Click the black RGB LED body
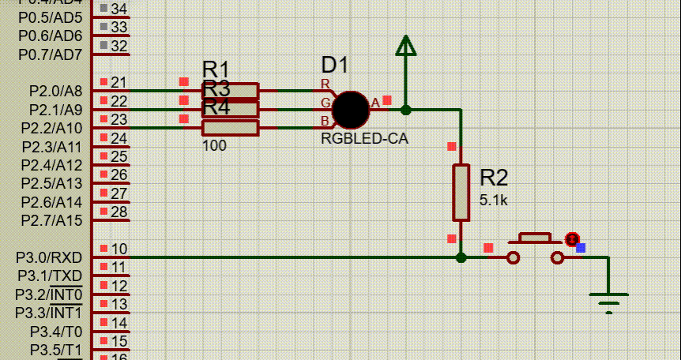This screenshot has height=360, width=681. pyautogui.click(x=351, y=110)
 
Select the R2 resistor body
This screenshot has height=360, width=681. pyautogui.click(x=461, y=193)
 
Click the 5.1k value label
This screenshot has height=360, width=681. pyautogui.click(x=494, y=201)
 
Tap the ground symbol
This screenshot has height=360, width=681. pyautogui.click(x=608, y=301)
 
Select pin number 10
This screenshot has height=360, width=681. pyautogui.click(x=119, y=249)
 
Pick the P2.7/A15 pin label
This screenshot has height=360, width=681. pyautogui.click(x=52, y=219)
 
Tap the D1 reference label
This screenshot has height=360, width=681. pyautogui.click(x=334, y=66)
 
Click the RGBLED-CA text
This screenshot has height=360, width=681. pyautogui.click(x=364, y=139)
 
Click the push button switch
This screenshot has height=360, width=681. pyautogui.click(x=536, y=248)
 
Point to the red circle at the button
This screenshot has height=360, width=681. pyautogui.click(x=572, y=238)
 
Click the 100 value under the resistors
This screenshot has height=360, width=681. pyautogui.click(x=214, y=146)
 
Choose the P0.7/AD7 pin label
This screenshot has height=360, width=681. pyautogui.click(x=51, y=54)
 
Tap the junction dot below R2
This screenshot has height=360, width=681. pyautogui.click(x=461, y=257)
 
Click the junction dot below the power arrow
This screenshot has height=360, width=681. pyautogui.click(x=405, y=110)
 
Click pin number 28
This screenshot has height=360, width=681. pyautogui.click(x=119, y=212)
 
